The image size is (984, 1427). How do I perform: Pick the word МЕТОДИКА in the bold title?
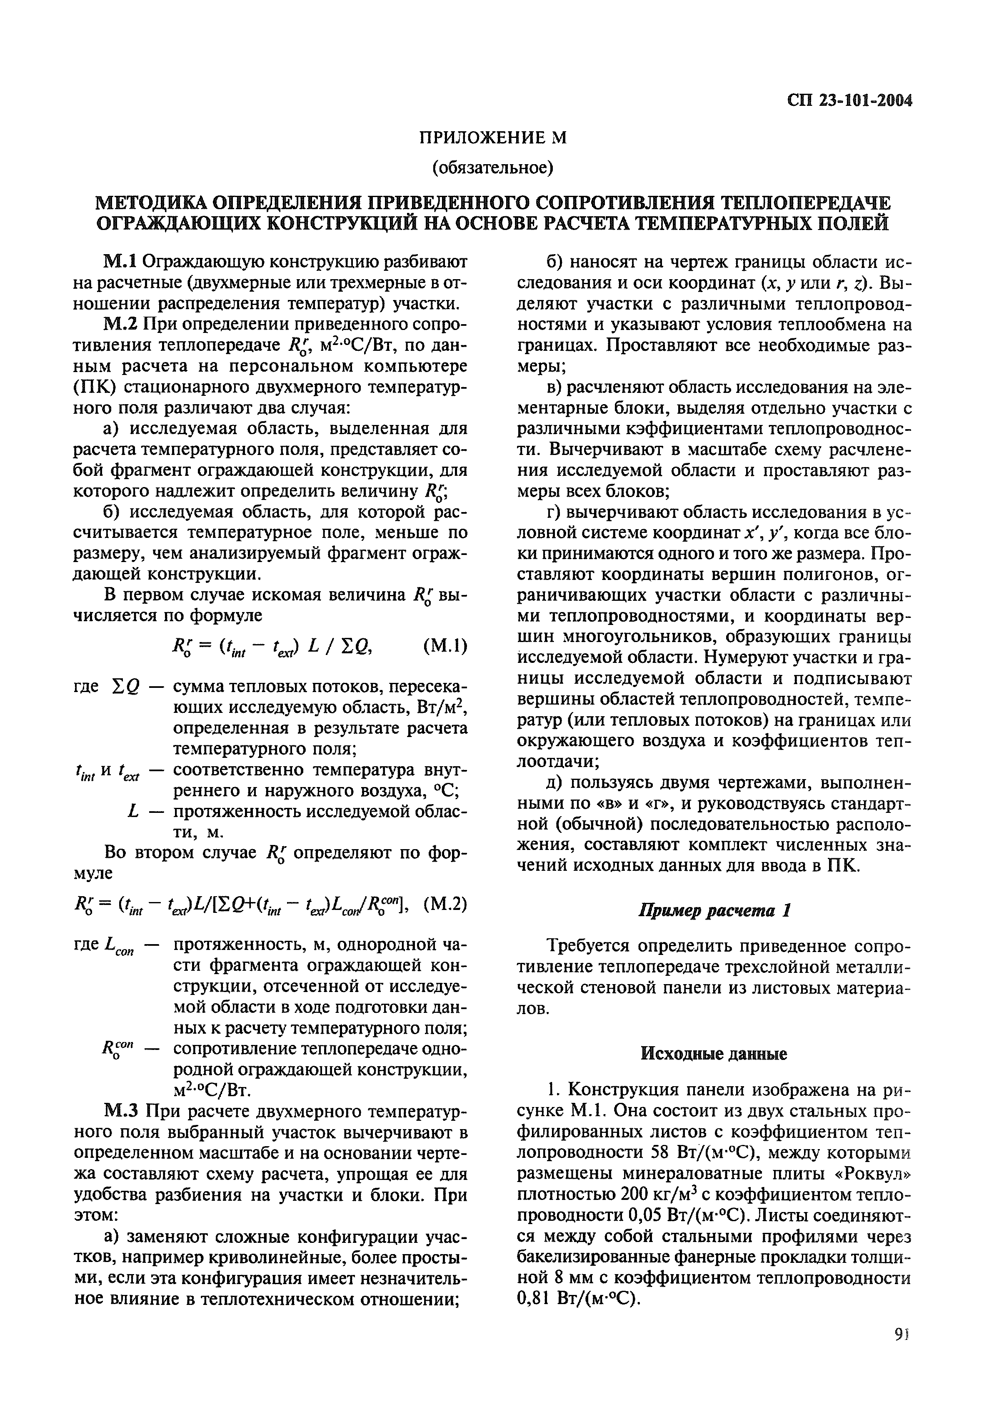(x=149, y=202)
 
